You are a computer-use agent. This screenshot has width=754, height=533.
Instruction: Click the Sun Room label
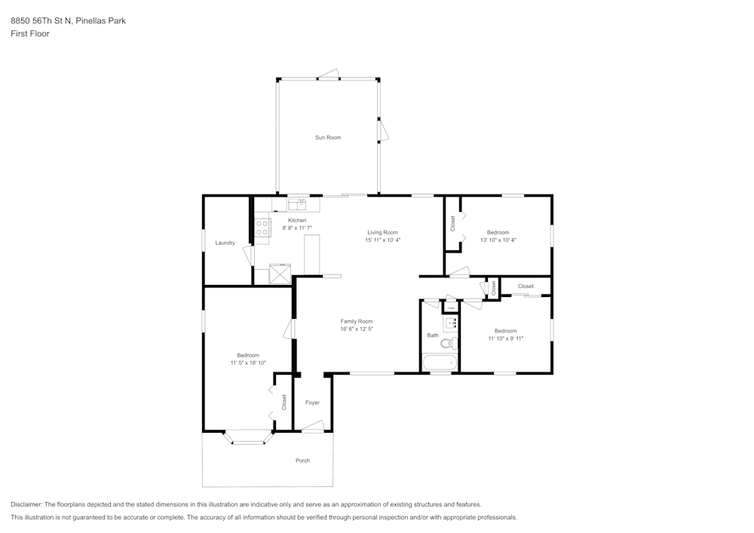(328, 137)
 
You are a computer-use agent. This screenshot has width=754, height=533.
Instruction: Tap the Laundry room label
(225, 243)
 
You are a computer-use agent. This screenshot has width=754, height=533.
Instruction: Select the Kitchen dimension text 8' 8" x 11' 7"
(297, 228)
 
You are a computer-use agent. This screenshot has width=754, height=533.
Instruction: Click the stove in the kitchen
(262, 228)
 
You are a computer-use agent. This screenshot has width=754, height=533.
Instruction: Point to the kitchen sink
(296, 203)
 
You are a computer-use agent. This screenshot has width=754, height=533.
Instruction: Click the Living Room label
(382, 232)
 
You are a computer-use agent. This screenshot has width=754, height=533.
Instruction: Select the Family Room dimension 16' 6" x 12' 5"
(357, 329)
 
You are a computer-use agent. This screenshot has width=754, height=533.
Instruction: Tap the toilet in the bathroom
(448, 344)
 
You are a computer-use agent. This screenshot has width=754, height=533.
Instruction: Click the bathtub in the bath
(440, 363)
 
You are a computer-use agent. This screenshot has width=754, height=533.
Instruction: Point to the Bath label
(432, 335)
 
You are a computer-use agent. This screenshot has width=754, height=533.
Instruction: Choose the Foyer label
(312, 403)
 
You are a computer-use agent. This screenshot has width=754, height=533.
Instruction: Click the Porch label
(302, 460)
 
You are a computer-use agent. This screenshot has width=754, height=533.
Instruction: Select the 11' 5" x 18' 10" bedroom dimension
(248, 363)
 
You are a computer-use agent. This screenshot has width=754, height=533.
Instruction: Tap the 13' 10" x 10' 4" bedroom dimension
(498, 240)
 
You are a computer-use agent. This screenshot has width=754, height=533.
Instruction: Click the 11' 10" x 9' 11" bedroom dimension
(505, 338)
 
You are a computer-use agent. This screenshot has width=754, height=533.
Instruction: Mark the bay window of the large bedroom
(248, 438)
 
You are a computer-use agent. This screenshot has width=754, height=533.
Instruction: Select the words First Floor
(30, 34)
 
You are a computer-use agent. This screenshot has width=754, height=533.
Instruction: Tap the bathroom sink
(451, 324)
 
